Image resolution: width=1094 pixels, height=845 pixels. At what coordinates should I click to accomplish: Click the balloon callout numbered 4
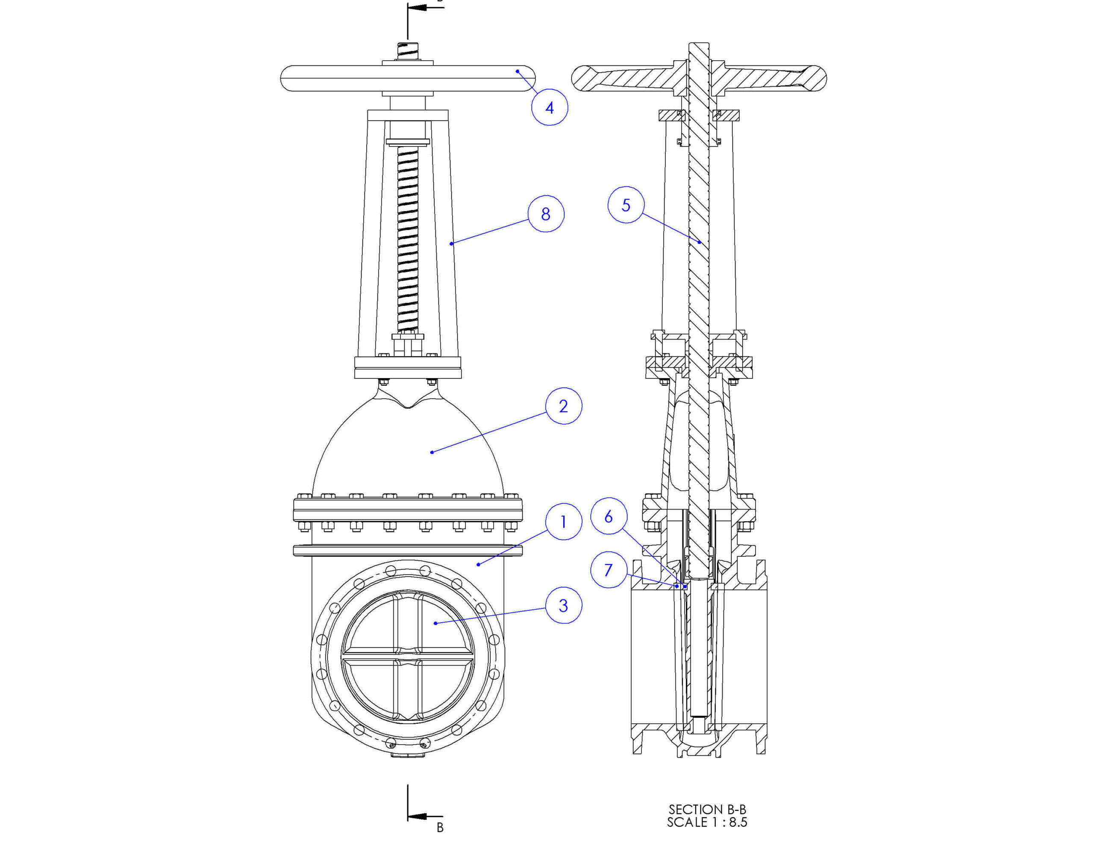[550, 107]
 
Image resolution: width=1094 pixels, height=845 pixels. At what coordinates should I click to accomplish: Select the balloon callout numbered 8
[546, 214]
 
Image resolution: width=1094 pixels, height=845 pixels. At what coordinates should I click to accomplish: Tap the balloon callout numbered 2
[564, 406]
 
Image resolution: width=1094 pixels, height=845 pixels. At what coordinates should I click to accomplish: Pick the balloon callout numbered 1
[564, 522]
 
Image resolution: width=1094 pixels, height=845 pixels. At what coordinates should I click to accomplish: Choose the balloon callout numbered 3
[564, 605]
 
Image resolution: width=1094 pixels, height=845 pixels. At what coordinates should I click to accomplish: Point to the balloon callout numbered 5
[626, 205]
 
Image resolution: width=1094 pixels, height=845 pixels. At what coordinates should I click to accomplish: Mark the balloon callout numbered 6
[609, 516]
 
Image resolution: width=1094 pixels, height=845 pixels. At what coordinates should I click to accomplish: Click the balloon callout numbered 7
[609, 569]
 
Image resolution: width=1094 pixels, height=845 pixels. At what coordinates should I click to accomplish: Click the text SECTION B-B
[707, 810]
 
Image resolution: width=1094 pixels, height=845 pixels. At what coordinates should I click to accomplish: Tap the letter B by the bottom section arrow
[440, 827]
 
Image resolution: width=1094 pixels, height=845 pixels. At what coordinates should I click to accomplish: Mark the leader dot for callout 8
[451, 244]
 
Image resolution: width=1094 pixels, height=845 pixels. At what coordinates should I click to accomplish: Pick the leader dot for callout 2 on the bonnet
[432, 452]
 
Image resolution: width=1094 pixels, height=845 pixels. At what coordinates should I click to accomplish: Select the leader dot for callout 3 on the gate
[435, 623]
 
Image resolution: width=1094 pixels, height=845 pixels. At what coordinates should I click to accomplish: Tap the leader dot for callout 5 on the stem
[699, 242]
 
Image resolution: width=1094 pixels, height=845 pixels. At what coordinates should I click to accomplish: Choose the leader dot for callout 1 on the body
[478, 564]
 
